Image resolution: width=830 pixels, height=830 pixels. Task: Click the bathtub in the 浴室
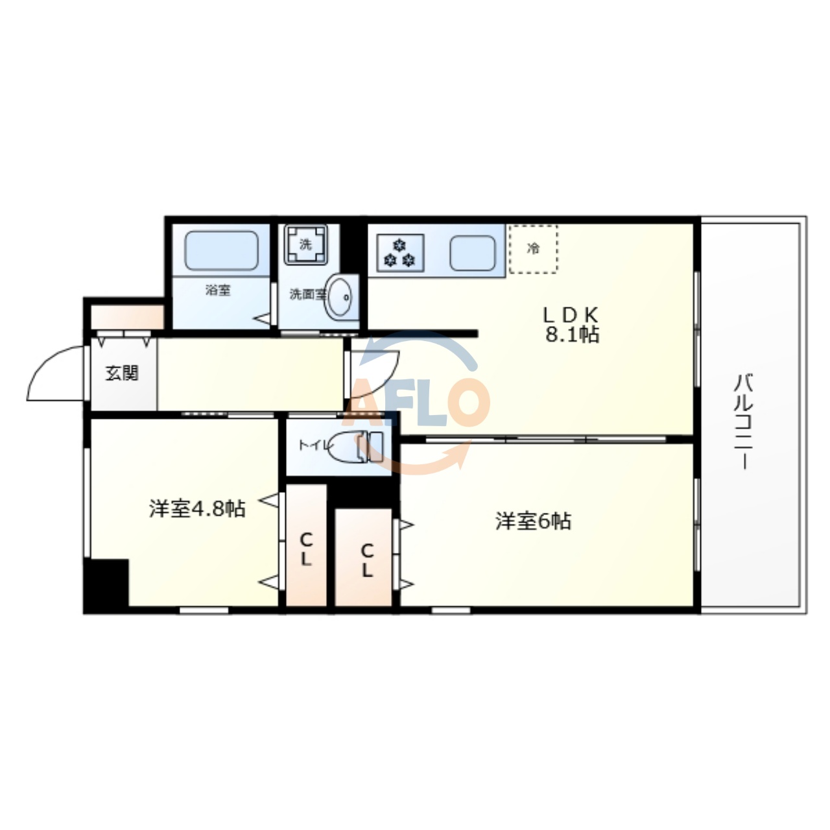pos(221,250)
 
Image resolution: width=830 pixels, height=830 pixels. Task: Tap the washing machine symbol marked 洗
pos(305,244)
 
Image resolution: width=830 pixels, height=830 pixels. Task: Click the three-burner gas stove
pos(400,253)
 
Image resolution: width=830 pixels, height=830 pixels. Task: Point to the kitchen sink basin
pos(473,252)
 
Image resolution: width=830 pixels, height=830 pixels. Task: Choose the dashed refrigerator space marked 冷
pos(533,249)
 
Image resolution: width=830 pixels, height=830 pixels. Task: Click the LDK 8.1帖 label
pos(571,324)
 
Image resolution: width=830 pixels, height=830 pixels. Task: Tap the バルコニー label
pos(743,421)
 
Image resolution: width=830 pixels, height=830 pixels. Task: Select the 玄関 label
pos(122,373)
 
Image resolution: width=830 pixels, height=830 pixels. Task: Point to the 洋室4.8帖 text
pos(197,509)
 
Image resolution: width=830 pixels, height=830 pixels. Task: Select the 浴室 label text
pos(218,290)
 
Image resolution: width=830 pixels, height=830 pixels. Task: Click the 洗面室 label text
pos(306,294)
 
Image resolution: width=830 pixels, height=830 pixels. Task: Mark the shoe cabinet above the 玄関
pos(126,317)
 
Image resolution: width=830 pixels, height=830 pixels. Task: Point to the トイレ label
pos(313,445)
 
